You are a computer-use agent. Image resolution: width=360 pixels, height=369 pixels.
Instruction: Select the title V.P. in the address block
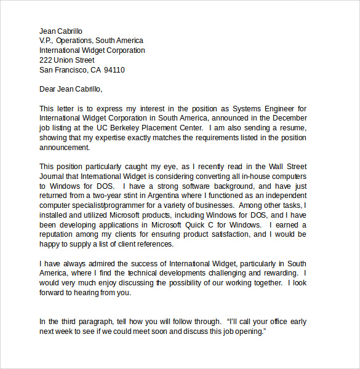pos(47,41)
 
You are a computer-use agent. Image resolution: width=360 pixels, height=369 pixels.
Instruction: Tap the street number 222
pos(46,60)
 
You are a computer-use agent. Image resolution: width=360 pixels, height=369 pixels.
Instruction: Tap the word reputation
pos(60,235)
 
